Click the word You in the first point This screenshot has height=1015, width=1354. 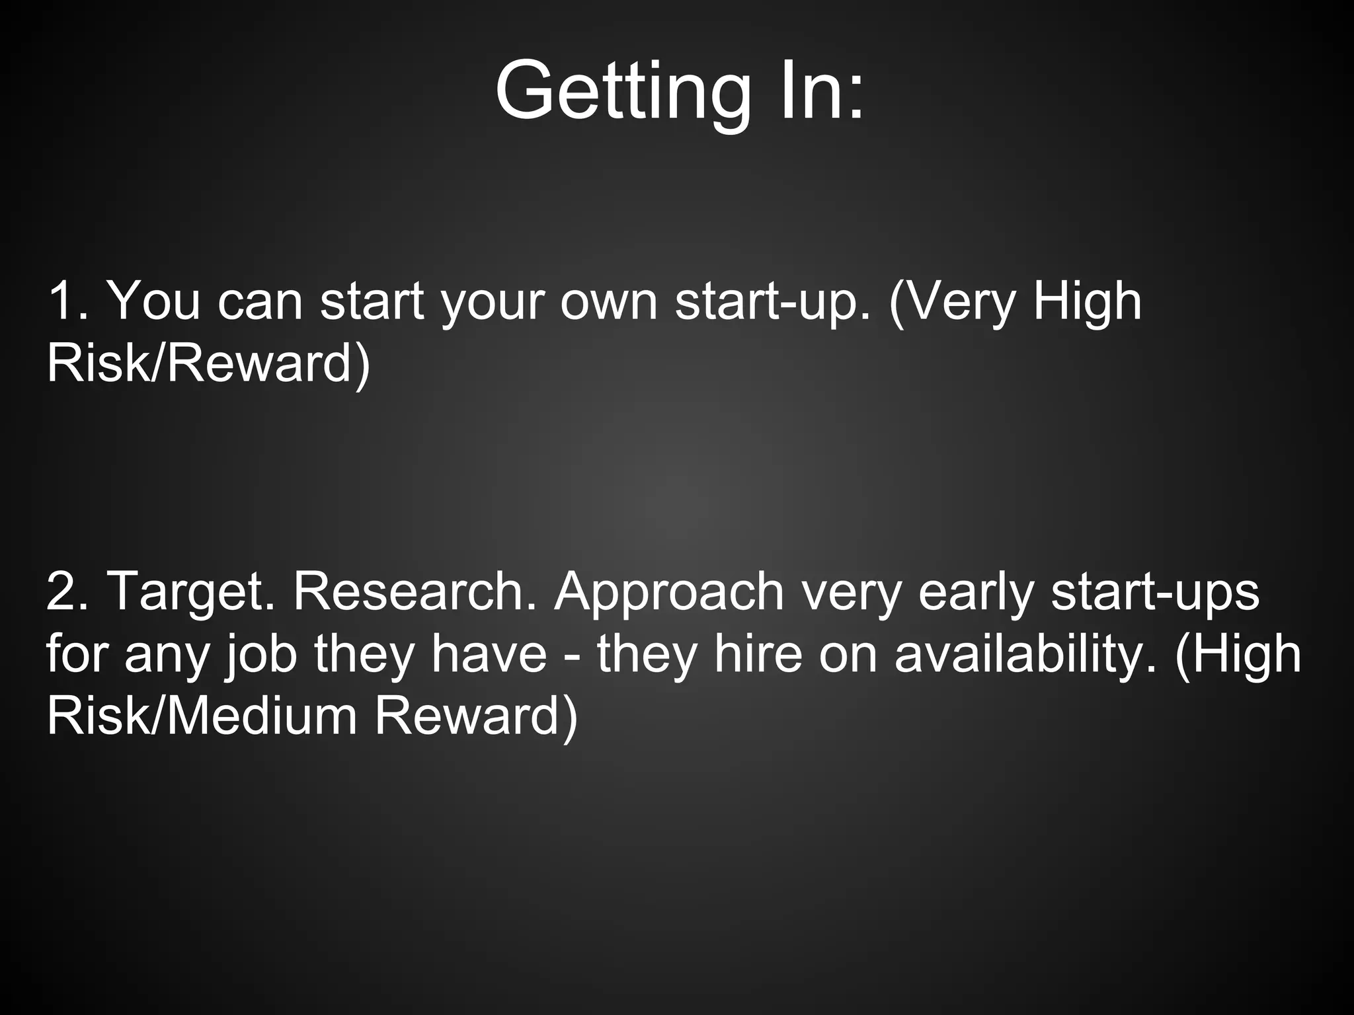pyautogui.click(x=153, y=301)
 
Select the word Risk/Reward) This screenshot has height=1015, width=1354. pyautogui.click(x=208, y=364)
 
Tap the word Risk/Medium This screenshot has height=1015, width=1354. pyautogui.click(x=202, y=717)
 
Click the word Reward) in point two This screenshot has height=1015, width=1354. pyautogui.click(x=476, y=717)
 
